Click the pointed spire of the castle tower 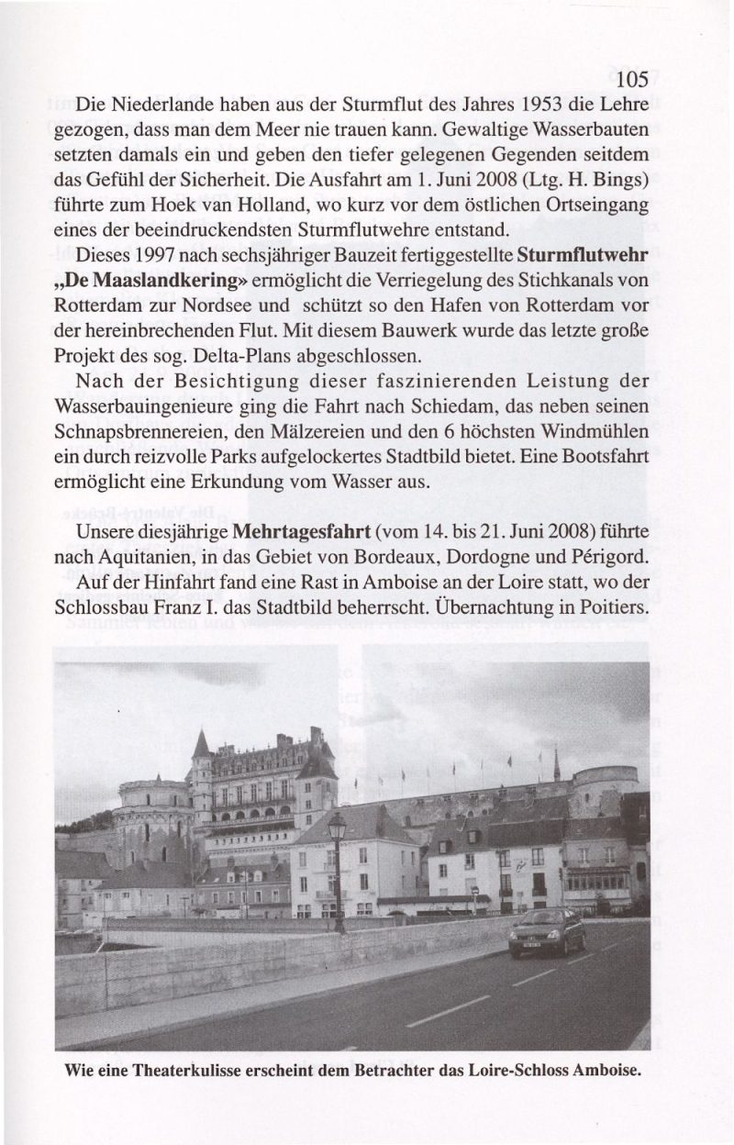click(201, 743)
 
